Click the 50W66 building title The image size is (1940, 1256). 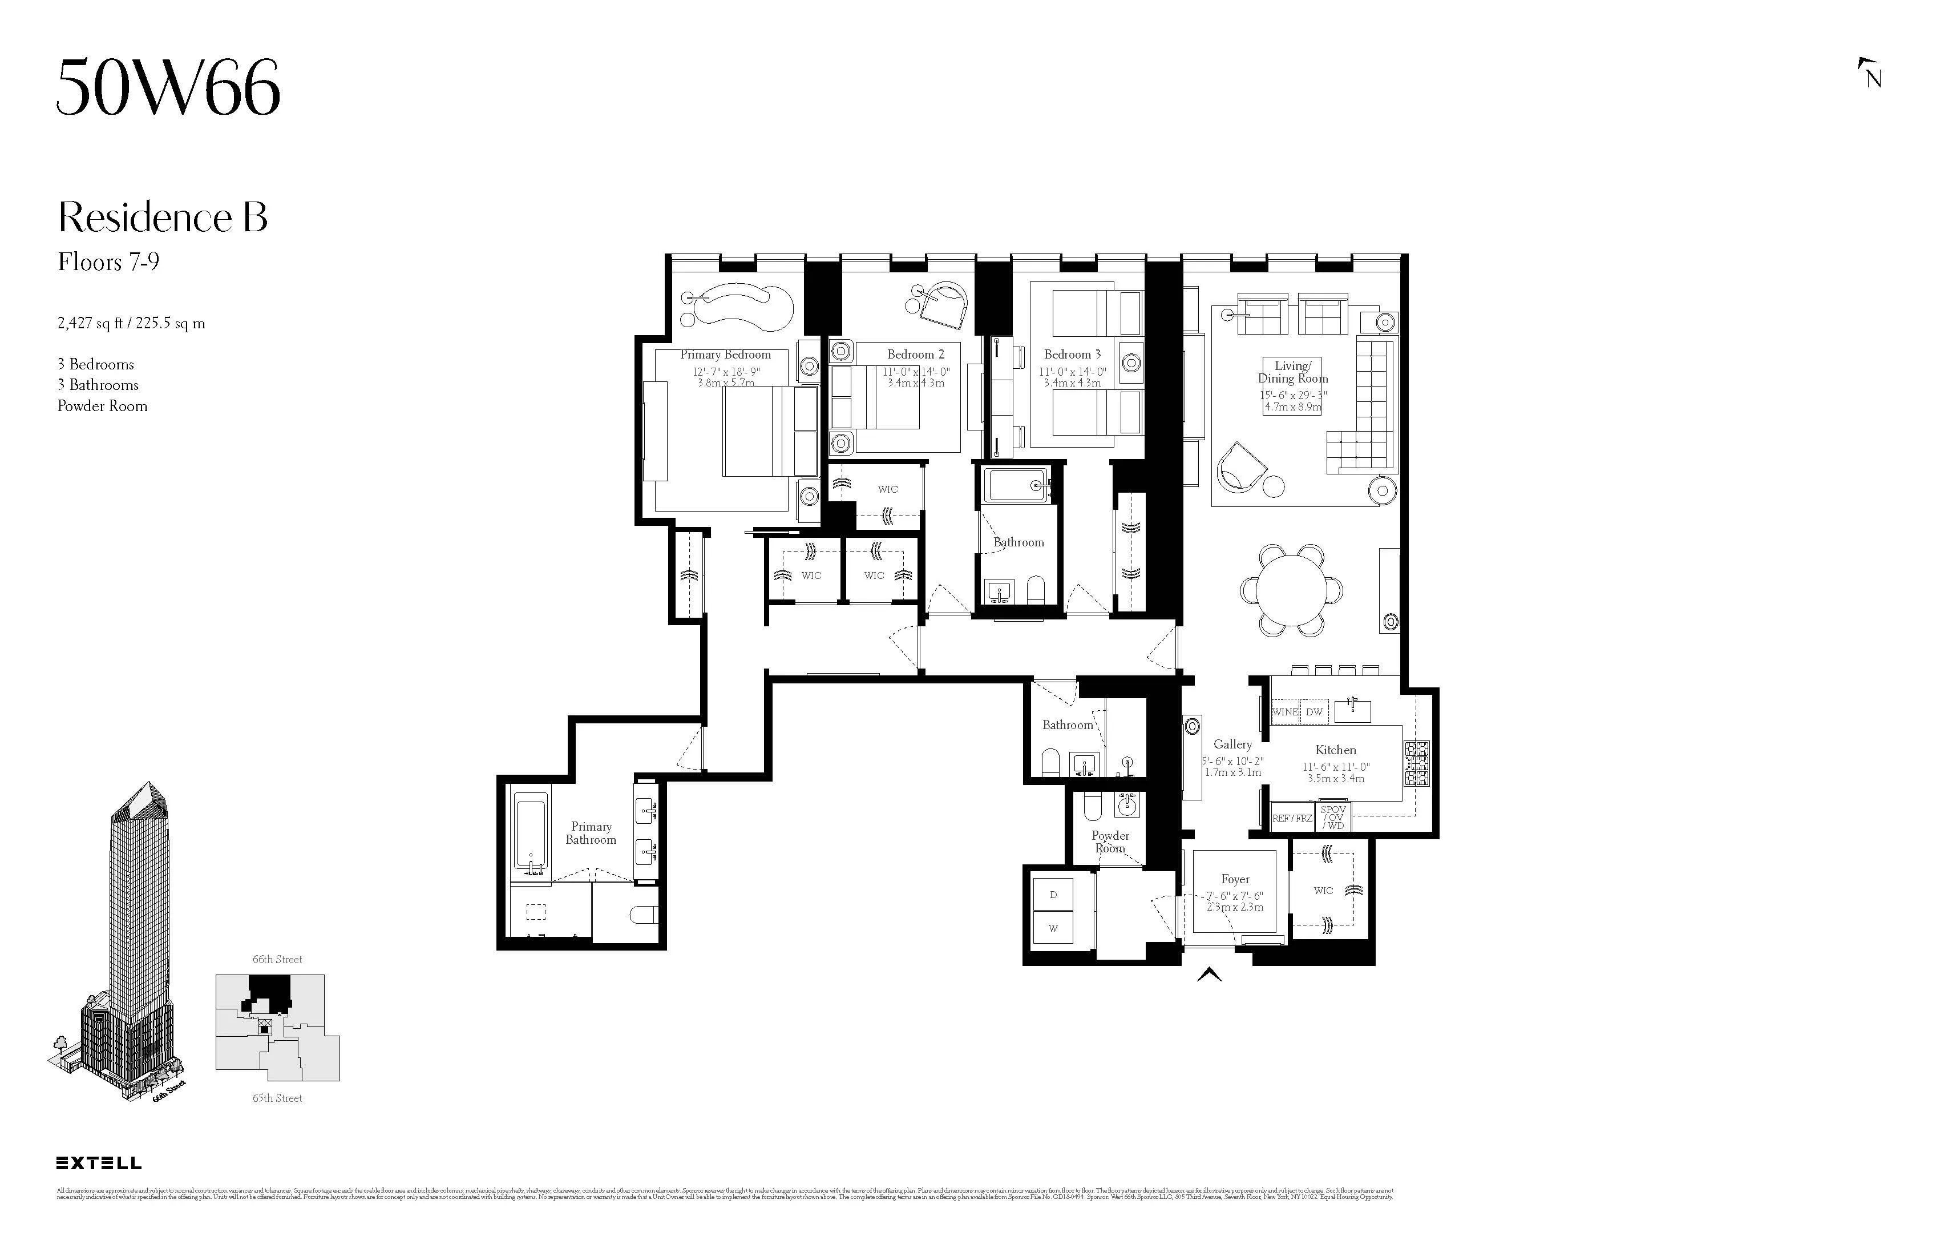pyautogui.click(x=168, y=87)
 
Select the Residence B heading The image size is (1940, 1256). pyautogui.click(x=162, y=217)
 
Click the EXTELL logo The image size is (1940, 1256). pyautogui.click(x=99, y=1163)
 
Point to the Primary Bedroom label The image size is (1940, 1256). pyautogui.click(x=725, y=355)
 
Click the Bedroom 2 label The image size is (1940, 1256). pyautogui.click(x=915, y=355)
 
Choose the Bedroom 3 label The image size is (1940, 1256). pyautogui.click(x=1072, y=355)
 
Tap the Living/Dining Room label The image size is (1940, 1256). pyautogui.click(x=1293, y=372)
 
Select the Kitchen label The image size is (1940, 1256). pyautogui.click(x=1335, y=750)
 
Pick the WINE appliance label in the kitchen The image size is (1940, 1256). pyautogui.click(x=1286, y=712)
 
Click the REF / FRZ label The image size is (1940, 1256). pyautogui.click(x=1292, y=818)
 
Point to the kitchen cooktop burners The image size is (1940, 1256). pyautogui.click(x=1416, y=763)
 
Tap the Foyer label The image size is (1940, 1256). pyautogui.click(x=1235, y=879)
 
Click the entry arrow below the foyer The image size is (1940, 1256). pyautogui.click(x=1210, y=974)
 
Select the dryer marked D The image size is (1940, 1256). pyautogui.click(x=1053, y=895)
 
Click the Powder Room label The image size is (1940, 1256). pyautogui.click(x=1110, y=841)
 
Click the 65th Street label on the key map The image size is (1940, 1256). pyautogui.click(x=277, y=1098)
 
